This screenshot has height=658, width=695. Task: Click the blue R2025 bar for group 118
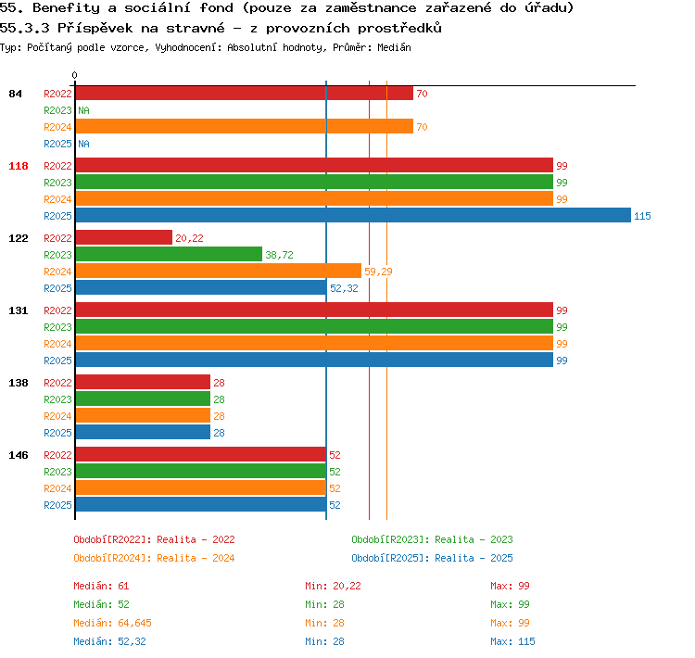tap(353, 216)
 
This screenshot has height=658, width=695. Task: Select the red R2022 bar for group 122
tap(124, 237)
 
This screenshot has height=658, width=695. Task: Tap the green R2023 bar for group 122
tap(169, 255)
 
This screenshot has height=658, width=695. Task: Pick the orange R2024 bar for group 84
tap(245, 126)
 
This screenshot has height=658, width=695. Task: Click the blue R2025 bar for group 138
tap(143, 432)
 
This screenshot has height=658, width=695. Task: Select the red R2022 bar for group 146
tap(201, 454)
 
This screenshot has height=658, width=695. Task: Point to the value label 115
tap(642, 216)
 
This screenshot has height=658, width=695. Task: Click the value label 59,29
tap(378, 272)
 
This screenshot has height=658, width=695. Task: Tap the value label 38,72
tap(279, 255)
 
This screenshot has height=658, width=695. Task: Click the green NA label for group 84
tap(83, 110)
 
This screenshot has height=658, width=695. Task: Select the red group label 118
tap(19, 166)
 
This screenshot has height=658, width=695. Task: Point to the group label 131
tap(19, 310)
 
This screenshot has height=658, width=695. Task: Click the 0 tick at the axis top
tap(74, 75)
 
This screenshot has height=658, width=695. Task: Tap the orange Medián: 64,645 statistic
tap(112, 623)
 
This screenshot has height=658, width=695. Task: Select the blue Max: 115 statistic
tap(512, 641)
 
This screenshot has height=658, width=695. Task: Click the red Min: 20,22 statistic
tap(333, 586)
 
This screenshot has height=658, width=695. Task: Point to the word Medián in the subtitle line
tap(394, 47)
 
